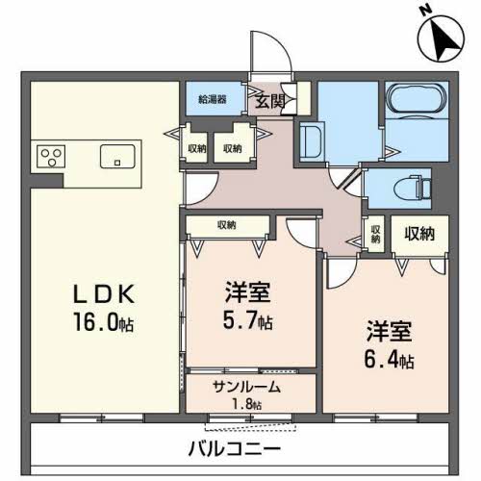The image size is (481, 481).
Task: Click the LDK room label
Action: (104, 294)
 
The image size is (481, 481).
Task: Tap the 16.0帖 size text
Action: (103, 322)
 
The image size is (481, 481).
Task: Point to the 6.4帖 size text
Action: (389, 359)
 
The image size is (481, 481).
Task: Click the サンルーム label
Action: (246, 388)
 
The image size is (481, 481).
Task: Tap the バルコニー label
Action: (234, 448)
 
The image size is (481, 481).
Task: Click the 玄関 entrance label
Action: (270, 102)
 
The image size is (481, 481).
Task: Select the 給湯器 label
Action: (213, 99)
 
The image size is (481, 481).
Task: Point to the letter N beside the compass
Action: (426, 11)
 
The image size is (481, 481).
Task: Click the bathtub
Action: (417, 99)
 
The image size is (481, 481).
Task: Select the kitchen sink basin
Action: (117, 157)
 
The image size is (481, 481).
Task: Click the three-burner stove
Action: (51, 157)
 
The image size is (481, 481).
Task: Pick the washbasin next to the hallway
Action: (310, 141)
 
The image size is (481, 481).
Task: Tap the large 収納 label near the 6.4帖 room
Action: (419, 234)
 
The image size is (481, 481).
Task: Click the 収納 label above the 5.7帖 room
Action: (227, 225)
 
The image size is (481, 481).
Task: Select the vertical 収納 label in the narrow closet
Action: (376, 234)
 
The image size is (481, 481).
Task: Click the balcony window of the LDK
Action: (102, 418)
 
